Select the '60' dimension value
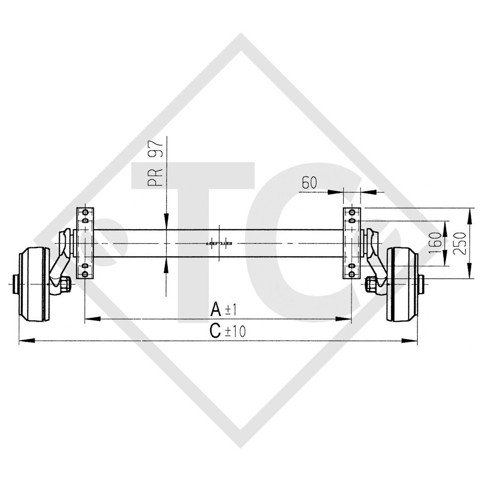pos(309,183)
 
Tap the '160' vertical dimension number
pos(437,243)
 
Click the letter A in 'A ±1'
pos(216,309)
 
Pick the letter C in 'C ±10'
pos(216,331)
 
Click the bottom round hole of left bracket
pos(85,274)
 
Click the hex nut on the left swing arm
pos(65,284)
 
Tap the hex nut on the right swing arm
pos(371,284)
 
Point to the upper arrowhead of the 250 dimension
pos(469,214)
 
